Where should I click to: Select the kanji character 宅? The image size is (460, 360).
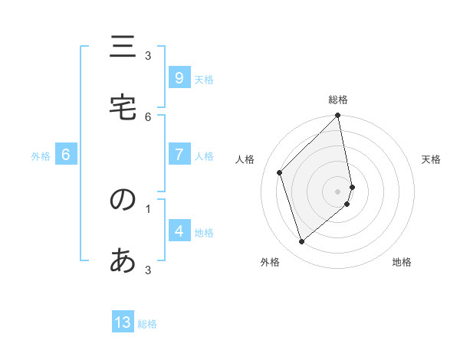pyautogui.click(x=123, y=107)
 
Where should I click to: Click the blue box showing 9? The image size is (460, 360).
pyautogui.click(x=179, y=78)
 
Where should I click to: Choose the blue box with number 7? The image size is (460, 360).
pyautogui.click(x=179, y=155)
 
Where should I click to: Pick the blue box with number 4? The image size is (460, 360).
pyautogui.click(x=179, y=231)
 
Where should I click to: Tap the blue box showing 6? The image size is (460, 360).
pyautogui.click(x=66, y=155)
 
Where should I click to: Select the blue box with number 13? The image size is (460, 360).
pyautogui.click(x=123, y=322)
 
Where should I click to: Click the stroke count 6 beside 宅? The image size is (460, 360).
pyautogui.click(x=148, y=116)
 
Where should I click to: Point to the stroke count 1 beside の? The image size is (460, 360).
pyautogui.click(x=148, y=208)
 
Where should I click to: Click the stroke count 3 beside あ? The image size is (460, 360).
pyautogui.click(x=148, y=270)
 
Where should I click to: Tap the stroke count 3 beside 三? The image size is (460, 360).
pyautogui.click(x=148, y=55)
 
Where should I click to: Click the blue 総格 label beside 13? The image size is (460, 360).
pyautogui.click(x=147, y=324)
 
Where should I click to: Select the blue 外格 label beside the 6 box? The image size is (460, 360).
pyautogui.click(x=41, y=156)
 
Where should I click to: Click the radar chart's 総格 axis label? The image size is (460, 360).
pyautogui.click(x=338, y=100)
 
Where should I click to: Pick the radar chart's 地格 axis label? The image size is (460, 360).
pyautogui.click(x=402, y=263)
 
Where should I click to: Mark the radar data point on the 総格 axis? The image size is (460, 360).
pyautogui.click(x=338, y=116)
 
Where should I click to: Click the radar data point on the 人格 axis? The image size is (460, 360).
pyautogui.click(x=280, y=172)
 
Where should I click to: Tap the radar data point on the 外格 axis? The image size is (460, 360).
pyautogui.click(x=302, y=241)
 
